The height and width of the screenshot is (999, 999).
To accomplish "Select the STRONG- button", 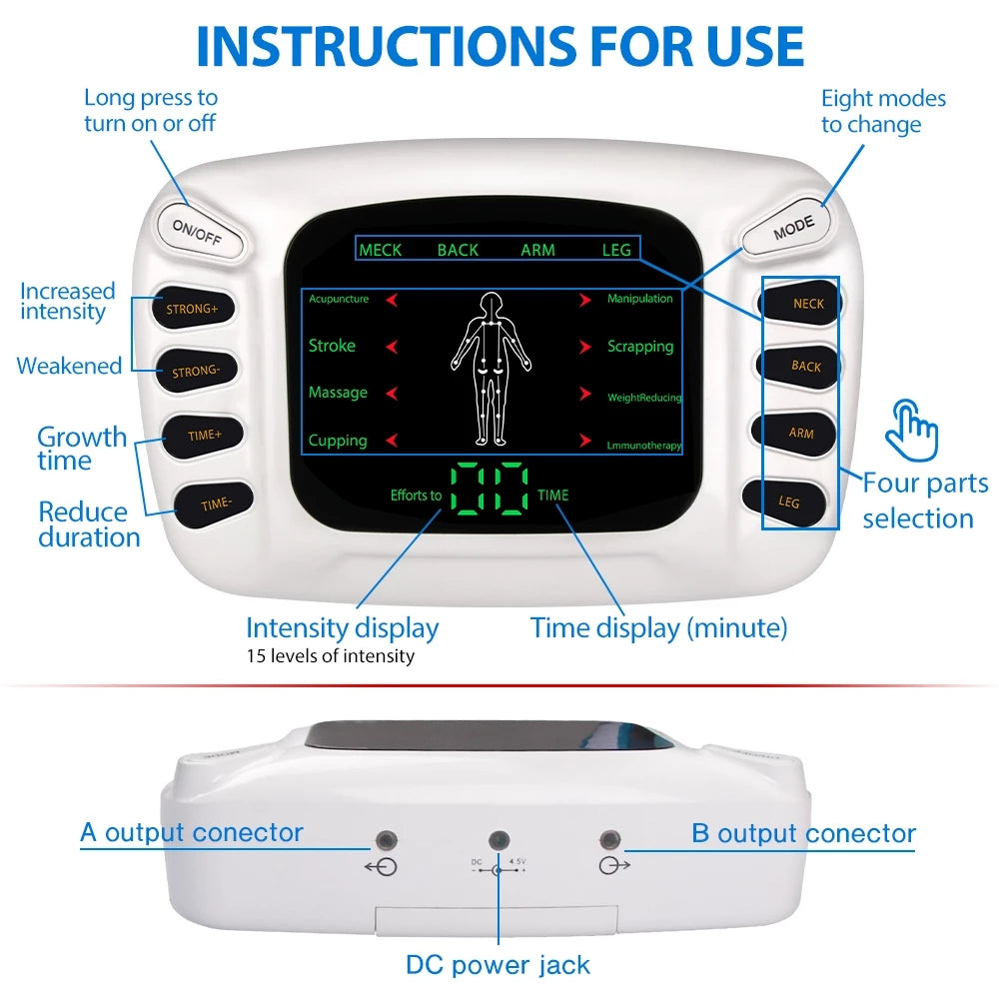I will (x=195, y=372).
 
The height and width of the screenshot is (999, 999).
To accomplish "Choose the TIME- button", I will (x=215, y=504).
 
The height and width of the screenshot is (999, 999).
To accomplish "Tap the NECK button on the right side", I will (x=807, y=303).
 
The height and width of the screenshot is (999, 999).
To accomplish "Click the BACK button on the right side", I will (x=805, y=366).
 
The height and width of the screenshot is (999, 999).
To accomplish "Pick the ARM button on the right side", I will (x=800, y=433).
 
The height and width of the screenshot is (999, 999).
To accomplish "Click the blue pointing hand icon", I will (x=913, y=431).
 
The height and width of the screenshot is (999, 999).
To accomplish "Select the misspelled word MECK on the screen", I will (x=380, y=250).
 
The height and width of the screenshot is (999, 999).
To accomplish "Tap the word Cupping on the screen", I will (x=338, y=441).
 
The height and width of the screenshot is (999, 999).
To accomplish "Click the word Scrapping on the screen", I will (x=640, y=347).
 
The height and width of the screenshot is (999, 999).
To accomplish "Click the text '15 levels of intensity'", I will (x=330, y=656).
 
